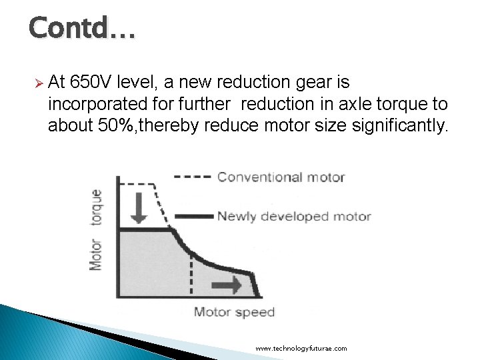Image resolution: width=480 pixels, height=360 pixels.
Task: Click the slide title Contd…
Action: [82, 28]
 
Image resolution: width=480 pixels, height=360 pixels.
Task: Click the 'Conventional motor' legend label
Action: [281, 177]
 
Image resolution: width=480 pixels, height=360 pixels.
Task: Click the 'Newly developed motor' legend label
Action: [293, 217]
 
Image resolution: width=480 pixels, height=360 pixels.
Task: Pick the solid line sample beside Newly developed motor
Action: [194, 217]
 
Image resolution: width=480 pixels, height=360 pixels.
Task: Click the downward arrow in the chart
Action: [139, 208]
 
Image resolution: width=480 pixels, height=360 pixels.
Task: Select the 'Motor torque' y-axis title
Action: [97, 230]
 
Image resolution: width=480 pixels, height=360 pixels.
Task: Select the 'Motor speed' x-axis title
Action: [234, 312]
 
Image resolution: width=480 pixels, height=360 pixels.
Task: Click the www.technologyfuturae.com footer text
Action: [301, 349]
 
